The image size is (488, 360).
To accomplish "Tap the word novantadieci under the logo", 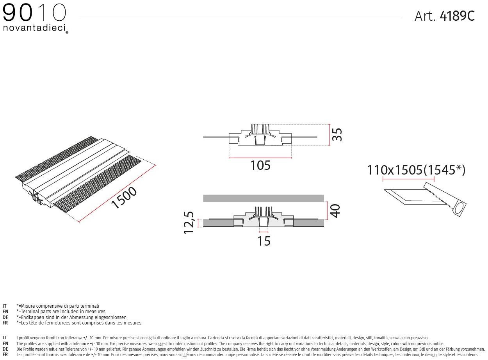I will click(34, 28).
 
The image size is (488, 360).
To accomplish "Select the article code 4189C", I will click(457, 16).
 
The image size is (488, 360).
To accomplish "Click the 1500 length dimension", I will click(124, 198).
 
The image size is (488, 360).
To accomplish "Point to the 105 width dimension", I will click(260, 166).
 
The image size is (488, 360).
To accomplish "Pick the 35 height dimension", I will click(337, 135).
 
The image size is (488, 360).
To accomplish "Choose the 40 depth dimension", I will click(335, 210).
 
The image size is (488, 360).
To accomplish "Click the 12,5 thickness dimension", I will click(189, 223).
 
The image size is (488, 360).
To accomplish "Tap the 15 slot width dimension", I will click(264, 241).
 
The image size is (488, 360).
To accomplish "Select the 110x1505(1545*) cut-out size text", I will click(416, 170).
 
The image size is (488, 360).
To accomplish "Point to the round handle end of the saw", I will click(460, 209).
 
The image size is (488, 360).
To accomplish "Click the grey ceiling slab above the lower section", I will click(264, 198).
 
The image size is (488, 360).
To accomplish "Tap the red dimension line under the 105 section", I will click(260, 158).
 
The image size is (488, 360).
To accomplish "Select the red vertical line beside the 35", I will click(330, 135).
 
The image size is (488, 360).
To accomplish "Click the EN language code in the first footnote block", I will click(5, 312).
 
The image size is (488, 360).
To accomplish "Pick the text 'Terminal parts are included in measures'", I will click(62, 312).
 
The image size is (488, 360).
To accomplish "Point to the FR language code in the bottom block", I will click(5, 355).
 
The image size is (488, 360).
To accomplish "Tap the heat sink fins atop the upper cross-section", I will click(260, 128).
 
